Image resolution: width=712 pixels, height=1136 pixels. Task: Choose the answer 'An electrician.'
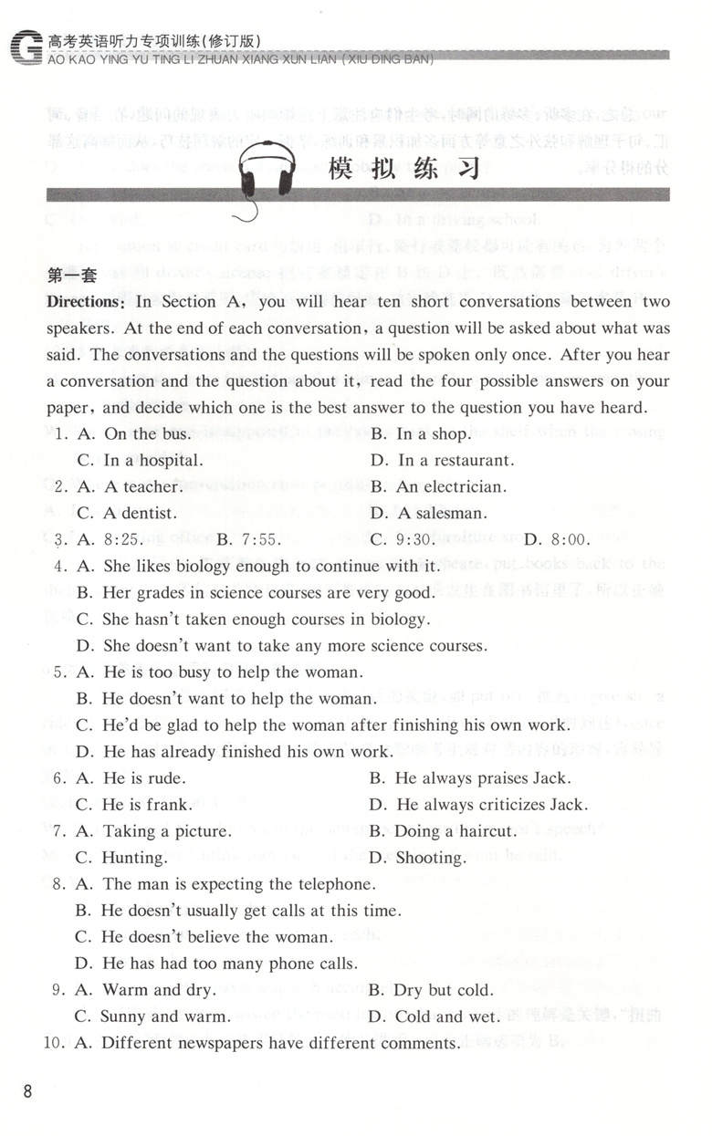pos(450,487)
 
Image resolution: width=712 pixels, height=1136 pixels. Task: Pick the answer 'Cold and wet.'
pos(447,1016)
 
